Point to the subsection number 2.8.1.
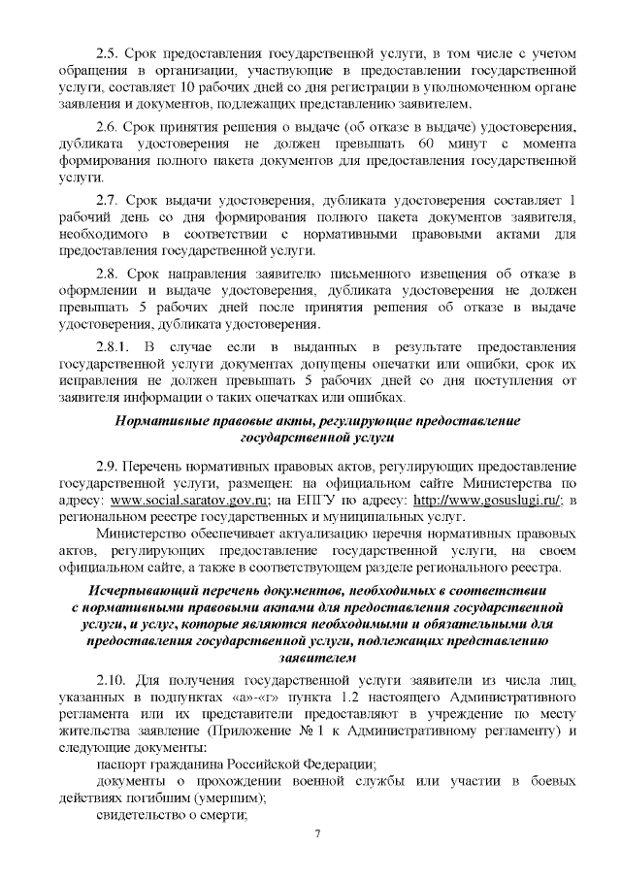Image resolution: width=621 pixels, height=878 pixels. pos(114,346)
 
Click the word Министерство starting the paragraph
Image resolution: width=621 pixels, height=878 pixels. pos(147,534)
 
